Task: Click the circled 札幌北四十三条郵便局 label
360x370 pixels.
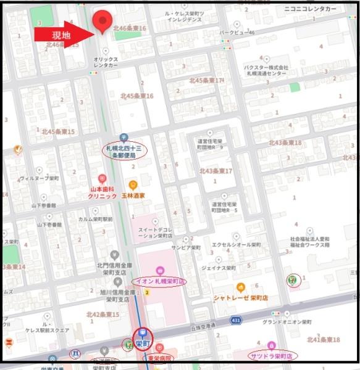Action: click(x=124, y=152)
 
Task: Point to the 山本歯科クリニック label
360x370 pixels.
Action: click(x=102, y=192)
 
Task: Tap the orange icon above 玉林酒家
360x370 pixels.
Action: click(x=133, y=185)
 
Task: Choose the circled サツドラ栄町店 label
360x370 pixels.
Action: click(x=272, y=355)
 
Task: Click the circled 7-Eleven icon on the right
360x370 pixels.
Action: click(x=291, y=280)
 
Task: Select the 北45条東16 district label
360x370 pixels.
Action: click(x=137, y=96)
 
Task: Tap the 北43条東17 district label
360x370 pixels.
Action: click(x=216, y=171)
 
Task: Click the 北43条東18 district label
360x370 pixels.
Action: click(x=285, y=142)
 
